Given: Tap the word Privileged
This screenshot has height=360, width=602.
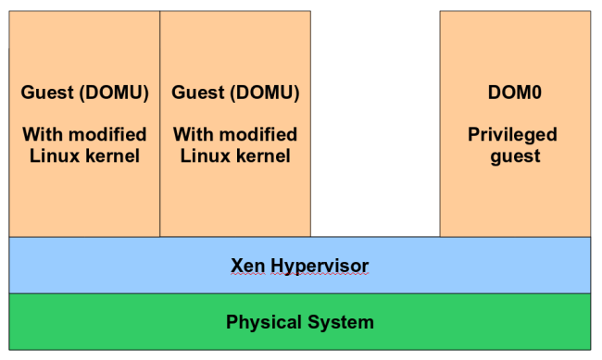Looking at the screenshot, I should tap(512, 134).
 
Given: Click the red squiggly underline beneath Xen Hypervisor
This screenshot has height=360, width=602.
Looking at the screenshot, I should tap(299, 276).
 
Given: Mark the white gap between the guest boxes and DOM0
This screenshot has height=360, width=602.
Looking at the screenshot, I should tap(375, 120).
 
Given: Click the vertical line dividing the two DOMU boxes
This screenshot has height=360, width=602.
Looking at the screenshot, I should tap(160, 120).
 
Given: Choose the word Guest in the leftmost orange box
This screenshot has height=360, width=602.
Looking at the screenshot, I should tap(45, 93).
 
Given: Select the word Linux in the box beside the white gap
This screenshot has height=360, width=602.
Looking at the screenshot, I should tap(204, 155).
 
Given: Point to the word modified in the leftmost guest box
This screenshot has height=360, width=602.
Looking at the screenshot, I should tap(106, 134).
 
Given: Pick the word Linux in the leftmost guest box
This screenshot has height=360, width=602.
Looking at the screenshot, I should tap(53, 155).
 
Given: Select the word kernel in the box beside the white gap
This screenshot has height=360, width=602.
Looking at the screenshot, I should tap(263, 155).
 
